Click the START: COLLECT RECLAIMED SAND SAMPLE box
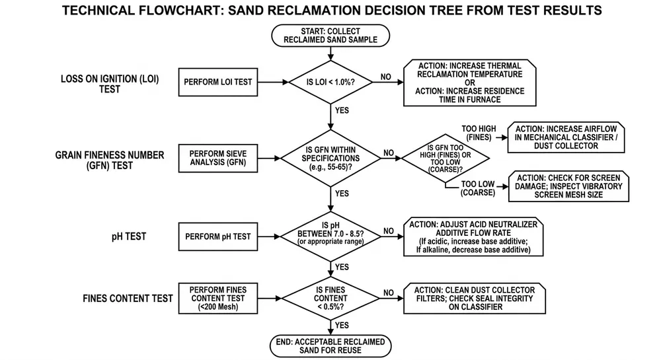click(x=330, y=35)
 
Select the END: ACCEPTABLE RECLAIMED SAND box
click(x=330, y=345)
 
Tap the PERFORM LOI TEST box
click(x=218, y=83)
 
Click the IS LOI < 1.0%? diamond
click(x=330, y=83)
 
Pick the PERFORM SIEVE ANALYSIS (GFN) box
click(x=218, y=159)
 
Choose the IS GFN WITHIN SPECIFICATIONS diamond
click(x=330, y=159)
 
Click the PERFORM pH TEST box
click(x=218, y=236)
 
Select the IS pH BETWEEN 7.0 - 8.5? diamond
click(x=330, y=236)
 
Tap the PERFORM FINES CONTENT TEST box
click(x=218, y=298)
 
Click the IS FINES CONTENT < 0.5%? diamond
click(x=330, y=298)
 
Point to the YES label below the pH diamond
click(x=342, y=267)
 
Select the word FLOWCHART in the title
click(x=200, y=11)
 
